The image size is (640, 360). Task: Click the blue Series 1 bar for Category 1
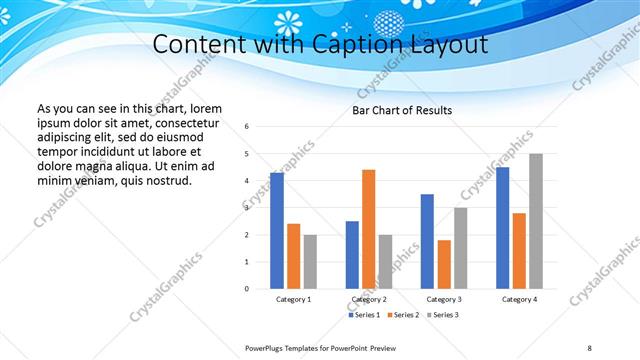click(x=277, y=231)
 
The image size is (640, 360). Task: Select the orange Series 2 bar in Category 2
click(x=368, y=229)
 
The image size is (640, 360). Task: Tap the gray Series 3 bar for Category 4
click(x=535, y=221)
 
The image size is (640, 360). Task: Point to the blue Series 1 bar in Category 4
click(x=502, y=228)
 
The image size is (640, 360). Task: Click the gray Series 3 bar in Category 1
click(x=310, y=262)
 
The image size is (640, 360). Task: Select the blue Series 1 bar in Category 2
click(x=352, y=255)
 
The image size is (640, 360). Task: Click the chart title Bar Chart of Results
click(x=402, y=110)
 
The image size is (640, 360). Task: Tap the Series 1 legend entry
click(x=364, y=315)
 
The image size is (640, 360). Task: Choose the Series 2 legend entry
click(x=403, y=315)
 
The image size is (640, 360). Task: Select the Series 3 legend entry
click(x=442, y=315)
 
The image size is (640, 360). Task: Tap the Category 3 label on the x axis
click(x=444, y=299)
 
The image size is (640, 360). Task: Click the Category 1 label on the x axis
click(x=293, y=299)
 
